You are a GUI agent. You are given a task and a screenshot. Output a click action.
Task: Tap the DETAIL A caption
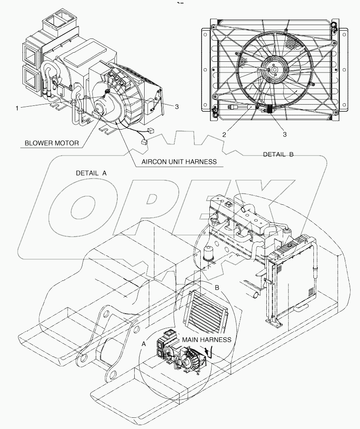pyautogui.click(x=91, y=172)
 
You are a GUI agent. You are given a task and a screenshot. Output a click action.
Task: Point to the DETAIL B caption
pyautogui.click(x=278, y=154)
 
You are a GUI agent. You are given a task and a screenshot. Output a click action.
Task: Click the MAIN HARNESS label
pyautogui.click(x=206, y=340)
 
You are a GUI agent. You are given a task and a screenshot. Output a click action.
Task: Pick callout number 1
pyautogui.click(x=17, y=108)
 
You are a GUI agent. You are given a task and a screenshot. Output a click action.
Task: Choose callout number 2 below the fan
pyautogui.click(x=224, y=134)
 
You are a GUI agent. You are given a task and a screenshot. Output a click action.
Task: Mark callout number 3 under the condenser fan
pyautogui.click(x=284, y=134)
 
